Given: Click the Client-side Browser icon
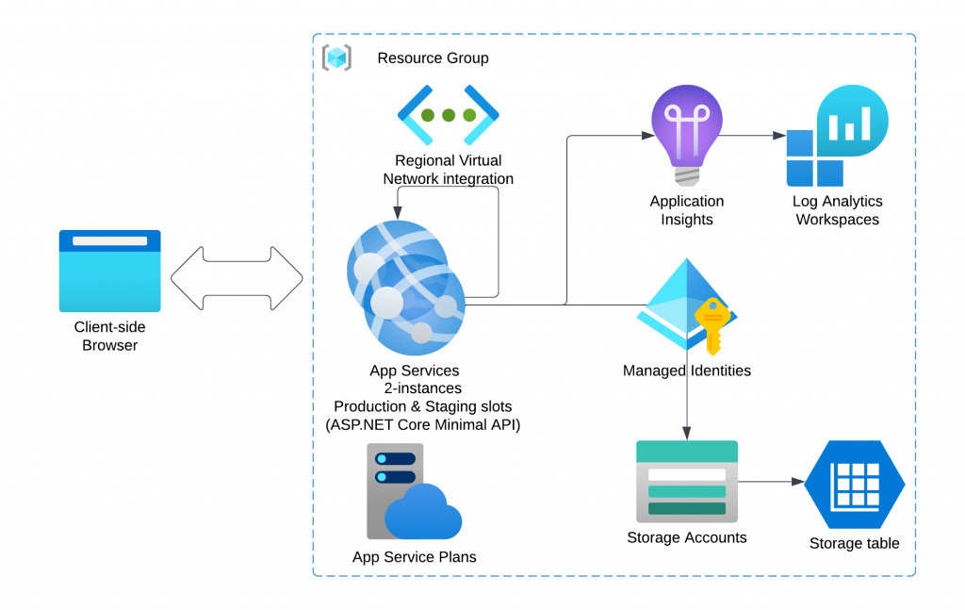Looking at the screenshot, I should [x=109, y=271].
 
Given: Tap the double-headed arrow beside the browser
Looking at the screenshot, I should [x=237, y=278].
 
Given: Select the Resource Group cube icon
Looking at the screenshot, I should [x=336, y=58].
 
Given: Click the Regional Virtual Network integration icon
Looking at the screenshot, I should [x=448, y=115].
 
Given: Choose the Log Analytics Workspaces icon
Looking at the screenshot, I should [x=837, y=136].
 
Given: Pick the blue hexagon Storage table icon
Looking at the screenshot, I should [x=855, y=485].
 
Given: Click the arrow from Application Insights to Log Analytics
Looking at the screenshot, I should [x=754, y=137].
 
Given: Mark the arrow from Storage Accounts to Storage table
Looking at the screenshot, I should [x=771, y=482].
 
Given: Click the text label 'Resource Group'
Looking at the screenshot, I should [x=433, y=58].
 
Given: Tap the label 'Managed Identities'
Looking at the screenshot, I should [x=686, y=371].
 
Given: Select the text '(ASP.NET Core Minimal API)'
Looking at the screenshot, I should [x=422, y=424].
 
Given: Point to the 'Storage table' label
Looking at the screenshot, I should [x=854, y=543].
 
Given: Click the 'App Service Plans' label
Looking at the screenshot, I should [x=414, y=557].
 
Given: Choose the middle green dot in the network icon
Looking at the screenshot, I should [x=448, y=115].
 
